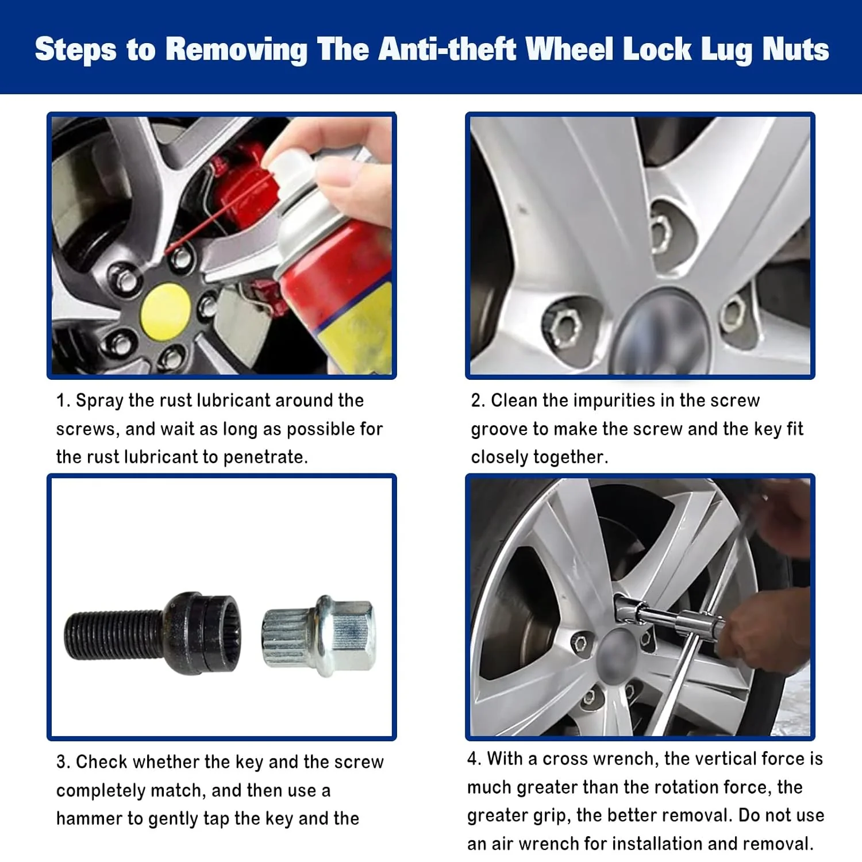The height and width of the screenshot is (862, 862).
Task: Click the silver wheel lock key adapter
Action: (319, 636)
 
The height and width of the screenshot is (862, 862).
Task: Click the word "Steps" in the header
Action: (76, 50)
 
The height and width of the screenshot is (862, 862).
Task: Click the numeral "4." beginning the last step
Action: (474, 759)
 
